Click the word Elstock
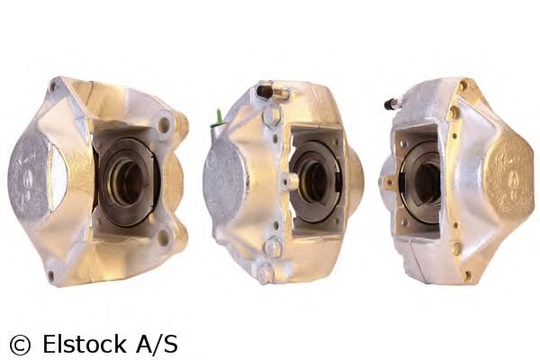coord(81,343)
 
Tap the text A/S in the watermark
coord(156,343)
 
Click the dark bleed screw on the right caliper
coord(392,104)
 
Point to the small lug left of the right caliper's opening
coord(389,182)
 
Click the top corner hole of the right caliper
coord(463,86)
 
